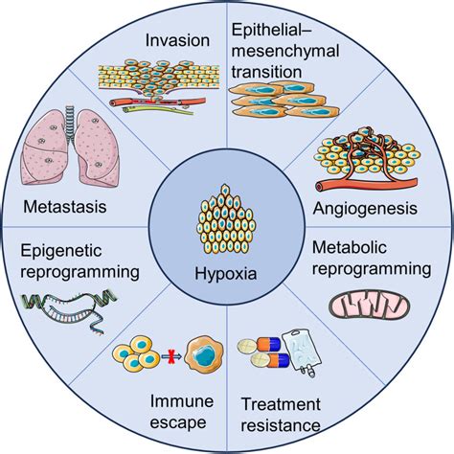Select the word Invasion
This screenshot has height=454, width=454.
click(178, 40)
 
